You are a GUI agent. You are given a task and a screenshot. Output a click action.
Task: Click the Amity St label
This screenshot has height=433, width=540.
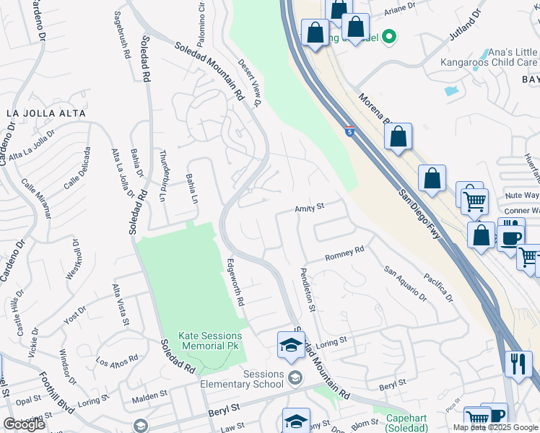pos(310,208)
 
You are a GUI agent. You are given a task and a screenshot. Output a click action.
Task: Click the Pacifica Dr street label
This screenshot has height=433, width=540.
pos(437,287)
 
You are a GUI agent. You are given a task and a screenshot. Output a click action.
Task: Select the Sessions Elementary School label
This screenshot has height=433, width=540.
pos(264,379)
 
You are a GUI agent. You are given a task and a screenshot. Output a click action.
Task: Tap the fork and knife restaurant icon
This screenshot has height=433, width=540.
pos(518,364)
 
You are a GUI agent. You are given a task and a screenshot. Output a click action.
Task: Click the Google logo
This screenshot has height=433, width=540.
pos(24,424)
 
